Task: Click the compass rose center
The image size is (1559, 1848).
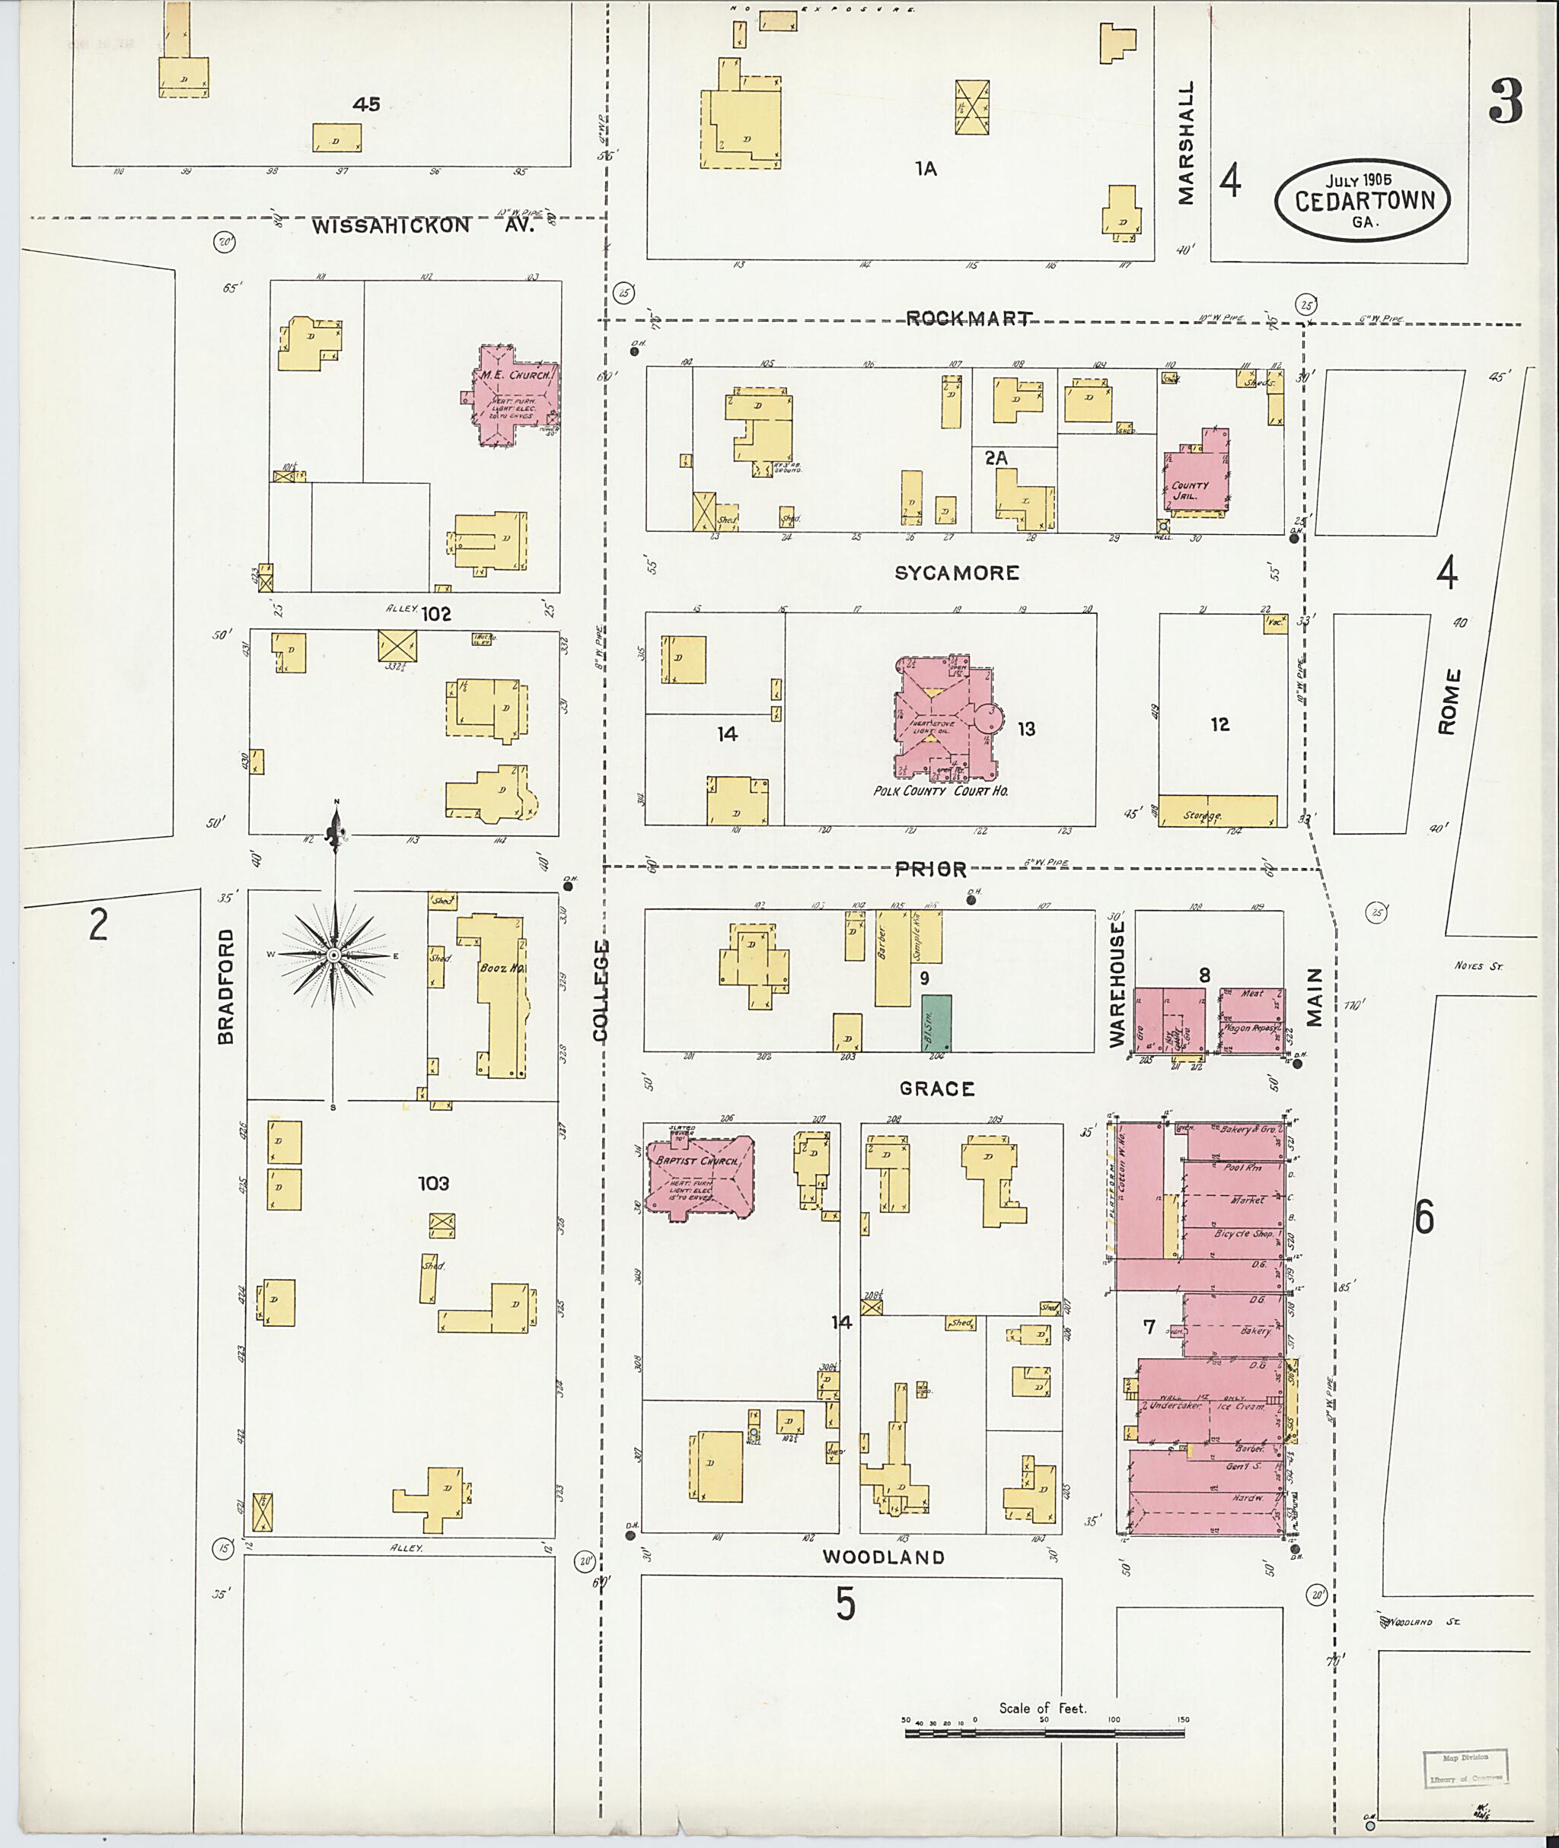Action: click(x=334, y=955)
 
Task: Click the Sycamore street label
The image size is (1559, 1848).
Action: click(x=956, y=572)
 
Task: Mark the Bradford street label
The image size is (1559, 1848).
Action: click(x=226, y=986)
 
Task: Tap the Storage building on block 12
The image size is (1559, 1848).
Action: click(x=1217, y=810)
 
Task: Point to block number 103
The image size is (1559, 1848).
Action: click(x=433, y=1183)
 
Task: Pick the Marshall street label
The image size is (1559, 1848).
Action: click(x=1185, y=143)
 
